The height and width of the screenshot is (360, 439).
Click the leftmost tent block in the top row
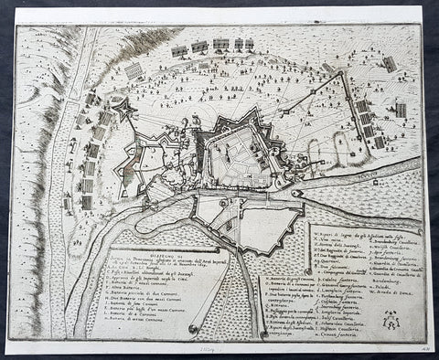coord(178,50)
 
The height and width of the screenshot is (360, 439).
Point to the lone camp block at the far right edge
coord(401,111)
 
